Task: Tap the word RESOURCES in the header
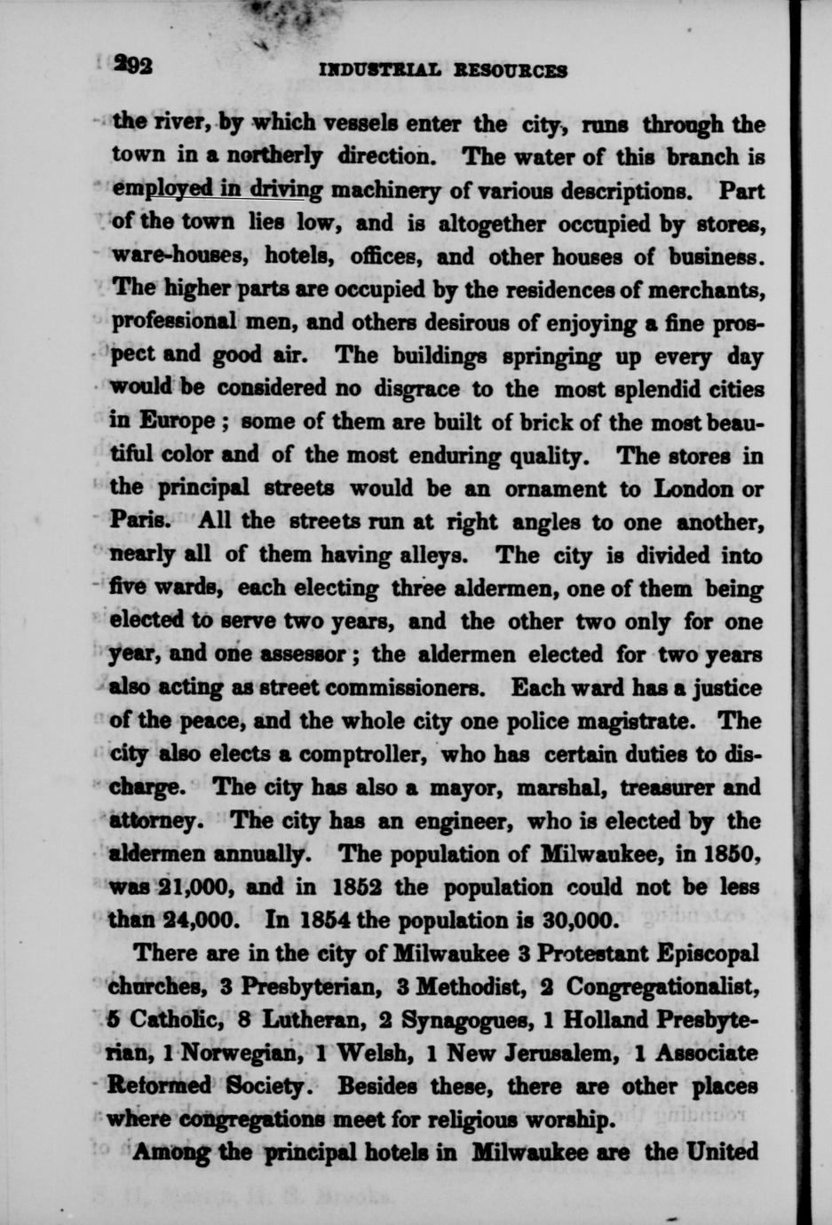(509, 71)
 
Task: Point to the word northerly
(273, 157)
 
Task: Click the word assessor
(298, 655)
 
